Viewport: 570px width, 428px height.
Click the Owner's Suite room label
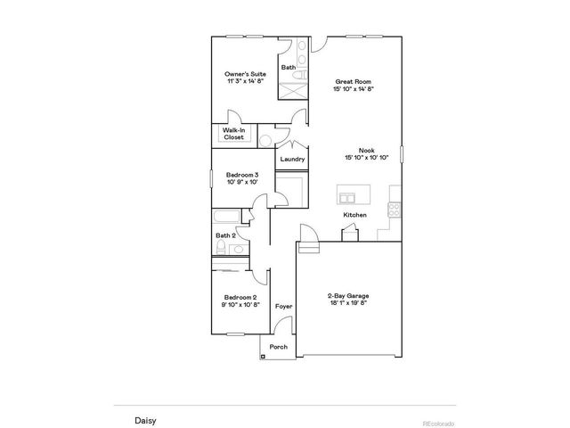(245, 74)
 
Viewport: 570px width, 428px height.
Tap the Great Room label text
(353, 80)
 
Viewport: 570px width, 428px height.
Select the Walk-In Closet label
(234, 135)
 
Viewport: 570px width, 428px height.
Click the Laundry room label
(292, 160)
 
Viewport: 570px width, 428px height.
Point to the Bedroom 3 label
(241, 175)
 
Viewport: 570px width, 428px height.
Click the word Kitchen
(355, 216)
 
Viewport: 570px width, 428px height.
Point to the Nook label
(366, 151)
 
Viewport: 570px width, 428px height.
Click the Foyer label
(283, 306)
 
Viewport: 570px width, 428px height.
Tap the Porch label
(278, 347)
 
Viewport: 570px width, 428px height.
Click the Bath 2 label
(225, 236)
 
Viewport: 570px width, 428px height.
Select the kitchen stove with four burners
(393, 210)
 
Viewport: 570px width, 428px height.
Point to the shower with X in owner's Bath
(293, 89)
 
